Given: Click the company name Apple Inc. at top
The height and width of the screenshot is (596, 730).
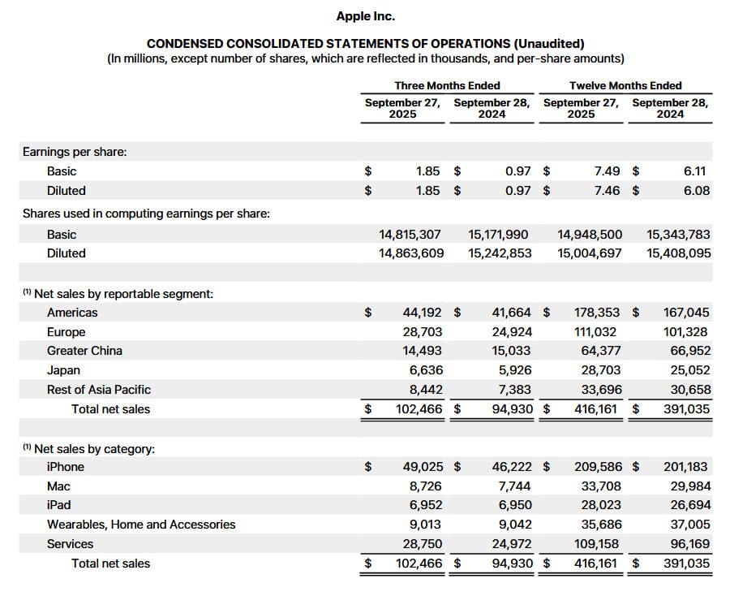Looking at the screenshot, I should [x=365, y=15].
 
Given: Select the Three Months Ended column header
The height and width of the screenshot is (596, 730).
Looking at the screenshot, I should [x=447, y=85].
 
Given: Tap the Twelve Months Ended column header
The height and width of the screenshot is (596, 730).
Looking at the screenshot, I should [x=625, y=85].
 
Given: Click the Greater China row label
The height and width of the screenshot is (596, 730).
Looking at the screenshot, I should [x=84, y=351].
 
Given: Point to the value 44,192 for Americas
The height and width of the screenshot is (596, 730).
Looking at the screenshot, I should [x=423, y=313].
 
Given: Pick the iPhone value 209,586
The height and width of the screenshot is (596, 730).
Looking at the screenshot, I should [x=598, y=467].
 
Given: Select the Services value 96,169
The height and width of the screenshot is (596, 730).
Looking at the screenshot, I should [x=686, y=544].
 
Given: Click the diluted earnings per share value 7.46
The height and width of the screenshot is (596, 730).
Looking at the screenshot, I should [x=608, y=191].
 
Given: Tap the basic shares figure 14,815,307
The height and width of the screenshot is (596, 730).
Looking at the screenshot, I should [x=411, y=235].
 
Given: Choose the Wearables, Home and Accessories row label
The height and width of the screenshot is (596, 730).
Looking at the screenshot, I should [x=141, y=525].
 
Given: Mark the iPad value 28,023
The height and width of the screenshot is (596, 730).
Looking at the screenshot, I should [x=602, y=505].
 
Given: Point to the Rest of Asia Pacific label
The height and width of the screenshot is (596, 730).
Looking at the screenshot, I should [x=98, y=390].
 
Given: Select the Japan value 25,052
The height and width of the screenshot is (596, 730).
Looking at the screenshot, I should [x=686, y=370].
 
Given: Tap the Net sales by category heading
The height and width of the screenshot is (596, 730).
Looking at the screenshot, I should [x=94, y=449].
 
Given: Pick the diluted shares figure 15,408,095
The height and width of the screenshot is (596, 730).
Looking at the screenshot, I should [x=679, y=253].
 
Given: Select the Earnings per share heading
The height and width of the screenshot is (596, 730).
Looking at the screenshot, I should [x=75, y=152].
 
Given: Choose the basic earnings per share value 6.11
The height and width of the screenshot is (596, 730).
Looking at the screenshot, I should [x=695, y=171].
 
